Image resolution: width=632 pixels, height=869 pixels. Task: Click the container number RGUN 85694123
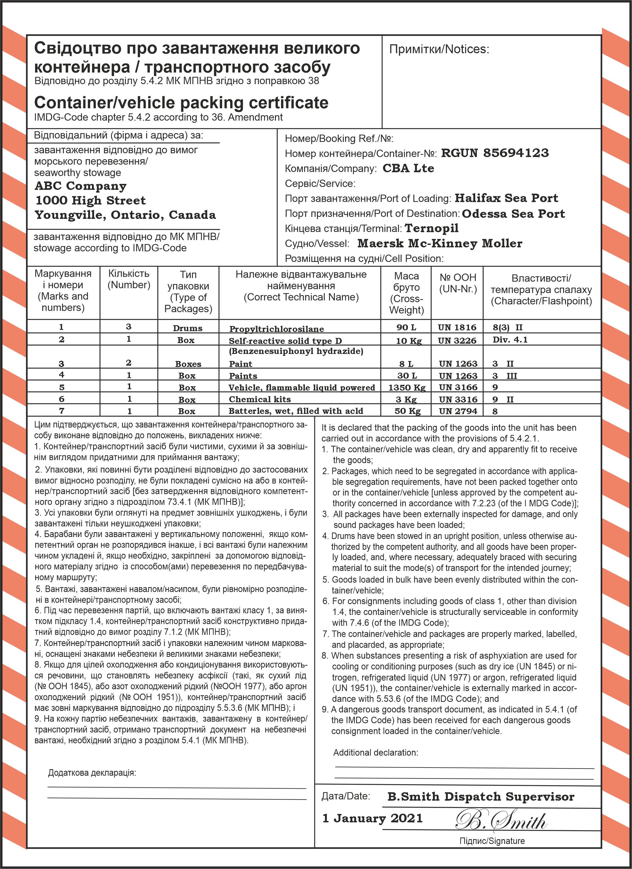coord(495,153)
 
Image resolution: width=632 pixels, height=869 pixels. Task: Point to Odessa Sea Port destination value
coord(513,213)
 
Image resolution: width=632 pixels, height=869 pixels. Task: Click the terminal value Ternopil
coord(432,228)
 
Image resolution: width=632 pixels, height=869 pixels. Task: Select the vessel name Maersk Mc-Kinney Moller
coord(440,243)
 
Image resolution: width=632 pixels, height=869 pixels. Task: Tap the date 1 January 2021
coord(372,818)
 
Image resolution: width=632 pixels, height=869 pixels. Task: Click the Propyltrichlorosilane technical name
coord(276,329)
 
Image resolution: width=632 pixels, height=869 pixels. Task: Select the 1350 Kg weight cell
coord(407,387)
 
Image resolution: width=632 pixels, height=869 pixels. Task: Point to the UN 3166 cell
coord(458,387)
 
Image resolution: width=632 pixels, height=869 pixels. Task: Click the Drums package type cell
coord(187,328)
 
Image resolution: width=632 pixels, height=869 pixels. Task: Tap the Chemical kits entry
coord(260,399)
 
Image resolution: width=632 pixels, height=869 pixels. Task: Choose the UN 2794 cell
coord(458,411)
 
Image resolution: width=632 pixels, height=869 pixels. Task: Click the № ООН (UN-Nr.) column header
coord(458,283)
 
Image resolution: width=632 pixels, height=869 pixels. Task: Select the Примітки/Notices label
coord(439,49)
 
